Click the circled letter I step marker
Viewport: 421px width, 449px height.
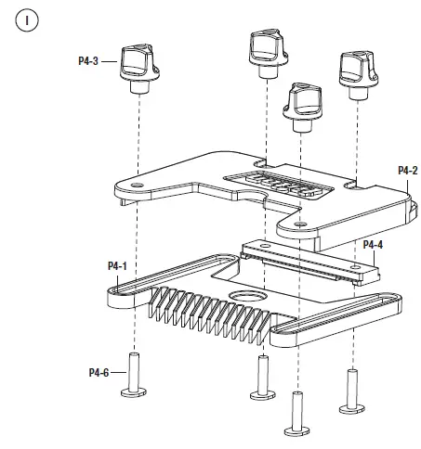(27, 20)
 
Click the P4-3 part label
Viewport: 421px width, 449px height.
(88, 61)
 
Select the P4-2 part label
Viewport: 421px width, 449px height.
(408, 171)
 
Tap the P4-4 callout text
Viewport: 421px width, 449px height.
(373, 245)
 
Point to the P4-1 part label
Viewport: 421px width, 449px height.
(117, 266)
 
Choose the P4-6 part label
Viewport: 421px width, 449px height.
(99, 373)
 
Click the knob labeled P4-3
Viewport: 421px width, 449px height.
(139, 69)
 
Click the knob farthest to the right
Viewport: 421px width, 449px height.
(359, 74)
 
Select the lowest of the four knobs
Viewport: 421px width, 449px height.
(302, 107)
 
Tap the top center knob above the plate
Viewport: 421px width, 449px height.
(269, 54)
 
